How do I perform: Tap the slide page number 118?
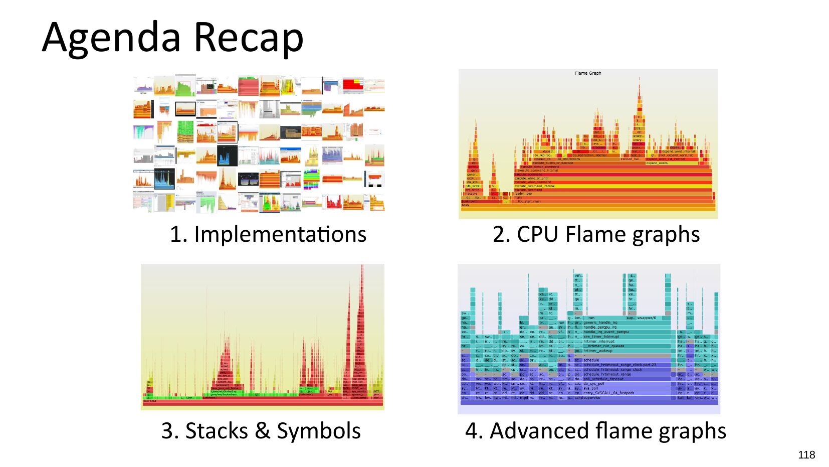[x=806, y=454]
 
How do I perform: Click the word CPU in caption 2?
[x=537, y=234]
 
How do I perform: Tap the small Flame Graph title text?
[x=588, y=73]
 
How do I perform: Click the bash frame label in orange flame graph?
[x=466, y=205]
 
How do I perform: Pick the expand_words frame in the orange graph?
[x=657, y=163]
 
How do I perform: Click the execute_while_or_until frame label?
[x=531, y=178]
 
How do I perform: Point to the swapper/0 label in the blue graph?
[x=647, y=318]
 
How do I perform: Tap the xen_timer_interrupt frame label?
[x=601, y=337]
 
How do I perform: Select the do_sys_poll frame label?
[x=594, y=384]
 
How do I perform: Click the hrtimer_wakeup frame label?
[x=598, y=351]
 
